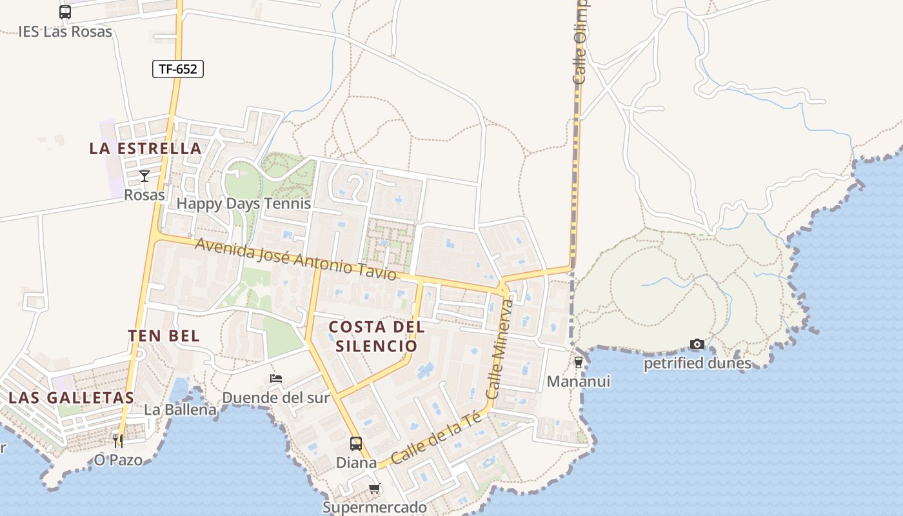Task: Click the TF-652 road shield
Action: (178, 69)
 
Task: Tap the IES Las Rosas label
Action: (65, 32)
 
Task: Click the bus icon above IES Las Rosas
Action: (65, 12)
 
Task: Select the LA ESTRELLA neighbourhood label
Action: (146, 148)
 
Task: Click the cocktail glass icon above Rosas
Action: (144, 176)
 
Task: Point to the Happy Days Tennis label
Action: (244, 204)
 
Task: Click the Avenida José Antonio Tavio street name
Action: (295, 259)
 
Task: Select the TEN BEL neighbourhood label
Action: (164, 336)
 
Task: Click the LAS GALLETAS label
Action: (71, 397)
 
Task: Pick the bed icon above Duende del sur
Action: (276, 379)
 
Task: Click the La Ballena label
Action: (180, 410)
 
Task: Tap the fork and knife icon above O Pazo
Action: (118, 441)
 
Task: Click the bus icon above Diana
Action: (356, 444)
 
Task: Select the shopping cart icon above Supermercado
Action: (375, 489)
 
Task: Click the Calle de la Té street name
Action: (436, 439)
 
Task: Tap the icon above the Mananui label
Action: (579, 362)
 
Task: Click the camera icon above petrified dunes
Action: (697, 344)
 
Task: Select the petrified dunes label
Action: (697, 364)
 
